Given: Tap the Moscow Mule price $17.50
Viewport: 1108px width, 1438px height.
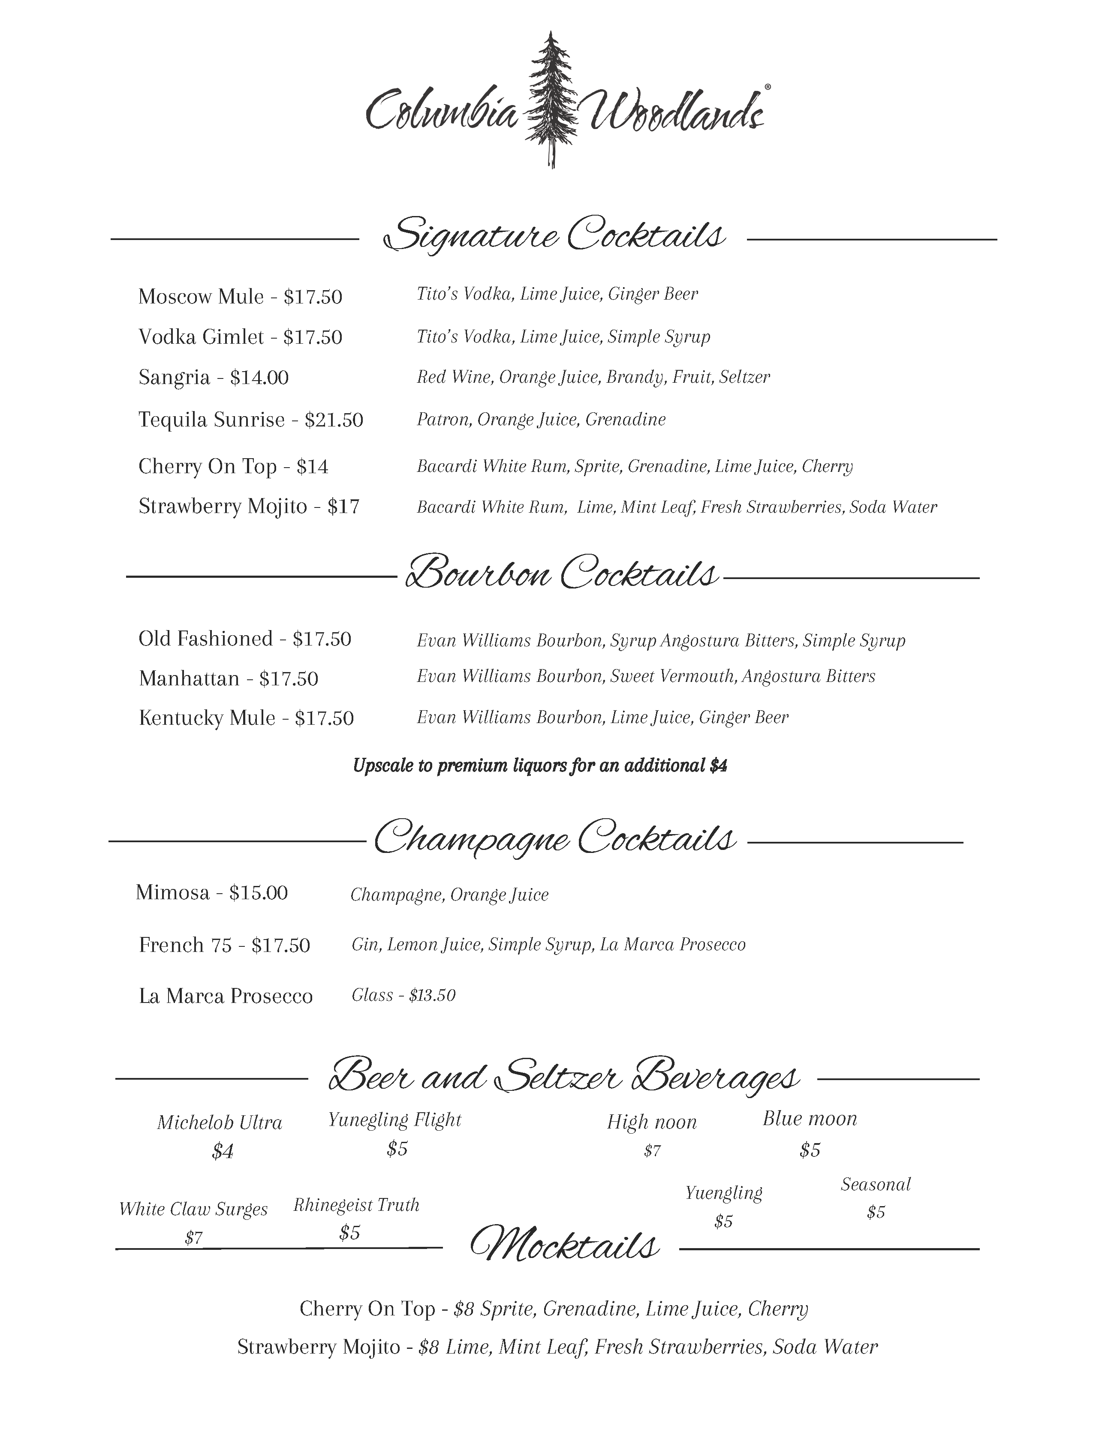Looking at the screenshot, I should click(313, 297).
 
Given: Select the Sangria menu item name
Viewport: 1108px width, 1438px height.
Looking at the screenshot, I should click(174, 377).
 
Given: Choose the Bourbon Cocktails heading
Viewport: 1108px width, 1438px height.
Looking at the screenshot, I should click(561, 573).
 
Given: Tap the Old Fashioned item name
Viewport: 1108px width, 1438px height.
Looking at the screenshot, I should click(205, 639).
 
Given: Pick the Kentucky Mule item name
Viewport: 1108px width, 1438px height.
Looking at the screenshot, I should click(207, 717).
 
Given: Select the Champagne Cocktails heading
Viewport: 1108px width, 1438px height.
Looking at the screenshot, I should click(555, 839).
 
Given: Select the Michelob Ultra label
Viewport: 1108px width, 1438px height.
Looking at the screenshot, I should click(220, 1123).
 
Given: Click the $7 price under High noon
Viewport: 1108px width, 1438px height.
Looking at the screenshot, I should click(652, 1151).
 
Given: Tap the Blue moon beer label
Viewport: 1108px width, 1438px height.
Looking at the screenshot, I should click(810, 1119).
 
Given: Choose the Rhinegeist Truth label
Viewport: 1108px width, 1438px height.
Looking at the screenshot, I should click(356, 1205).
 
